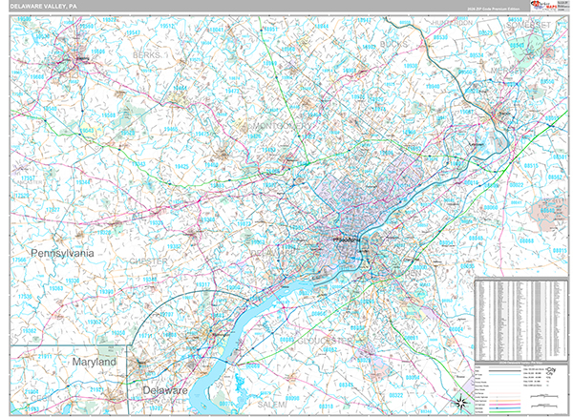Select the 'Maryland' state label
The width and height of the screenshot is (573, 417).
point(94,364)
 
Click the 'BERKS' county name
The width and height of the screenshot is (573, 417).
point(145,56)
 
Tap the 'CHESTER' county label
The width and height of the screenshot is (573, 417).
point(149,261)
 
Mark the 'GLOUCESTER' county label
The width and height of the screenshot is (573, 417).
point(325,340)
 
